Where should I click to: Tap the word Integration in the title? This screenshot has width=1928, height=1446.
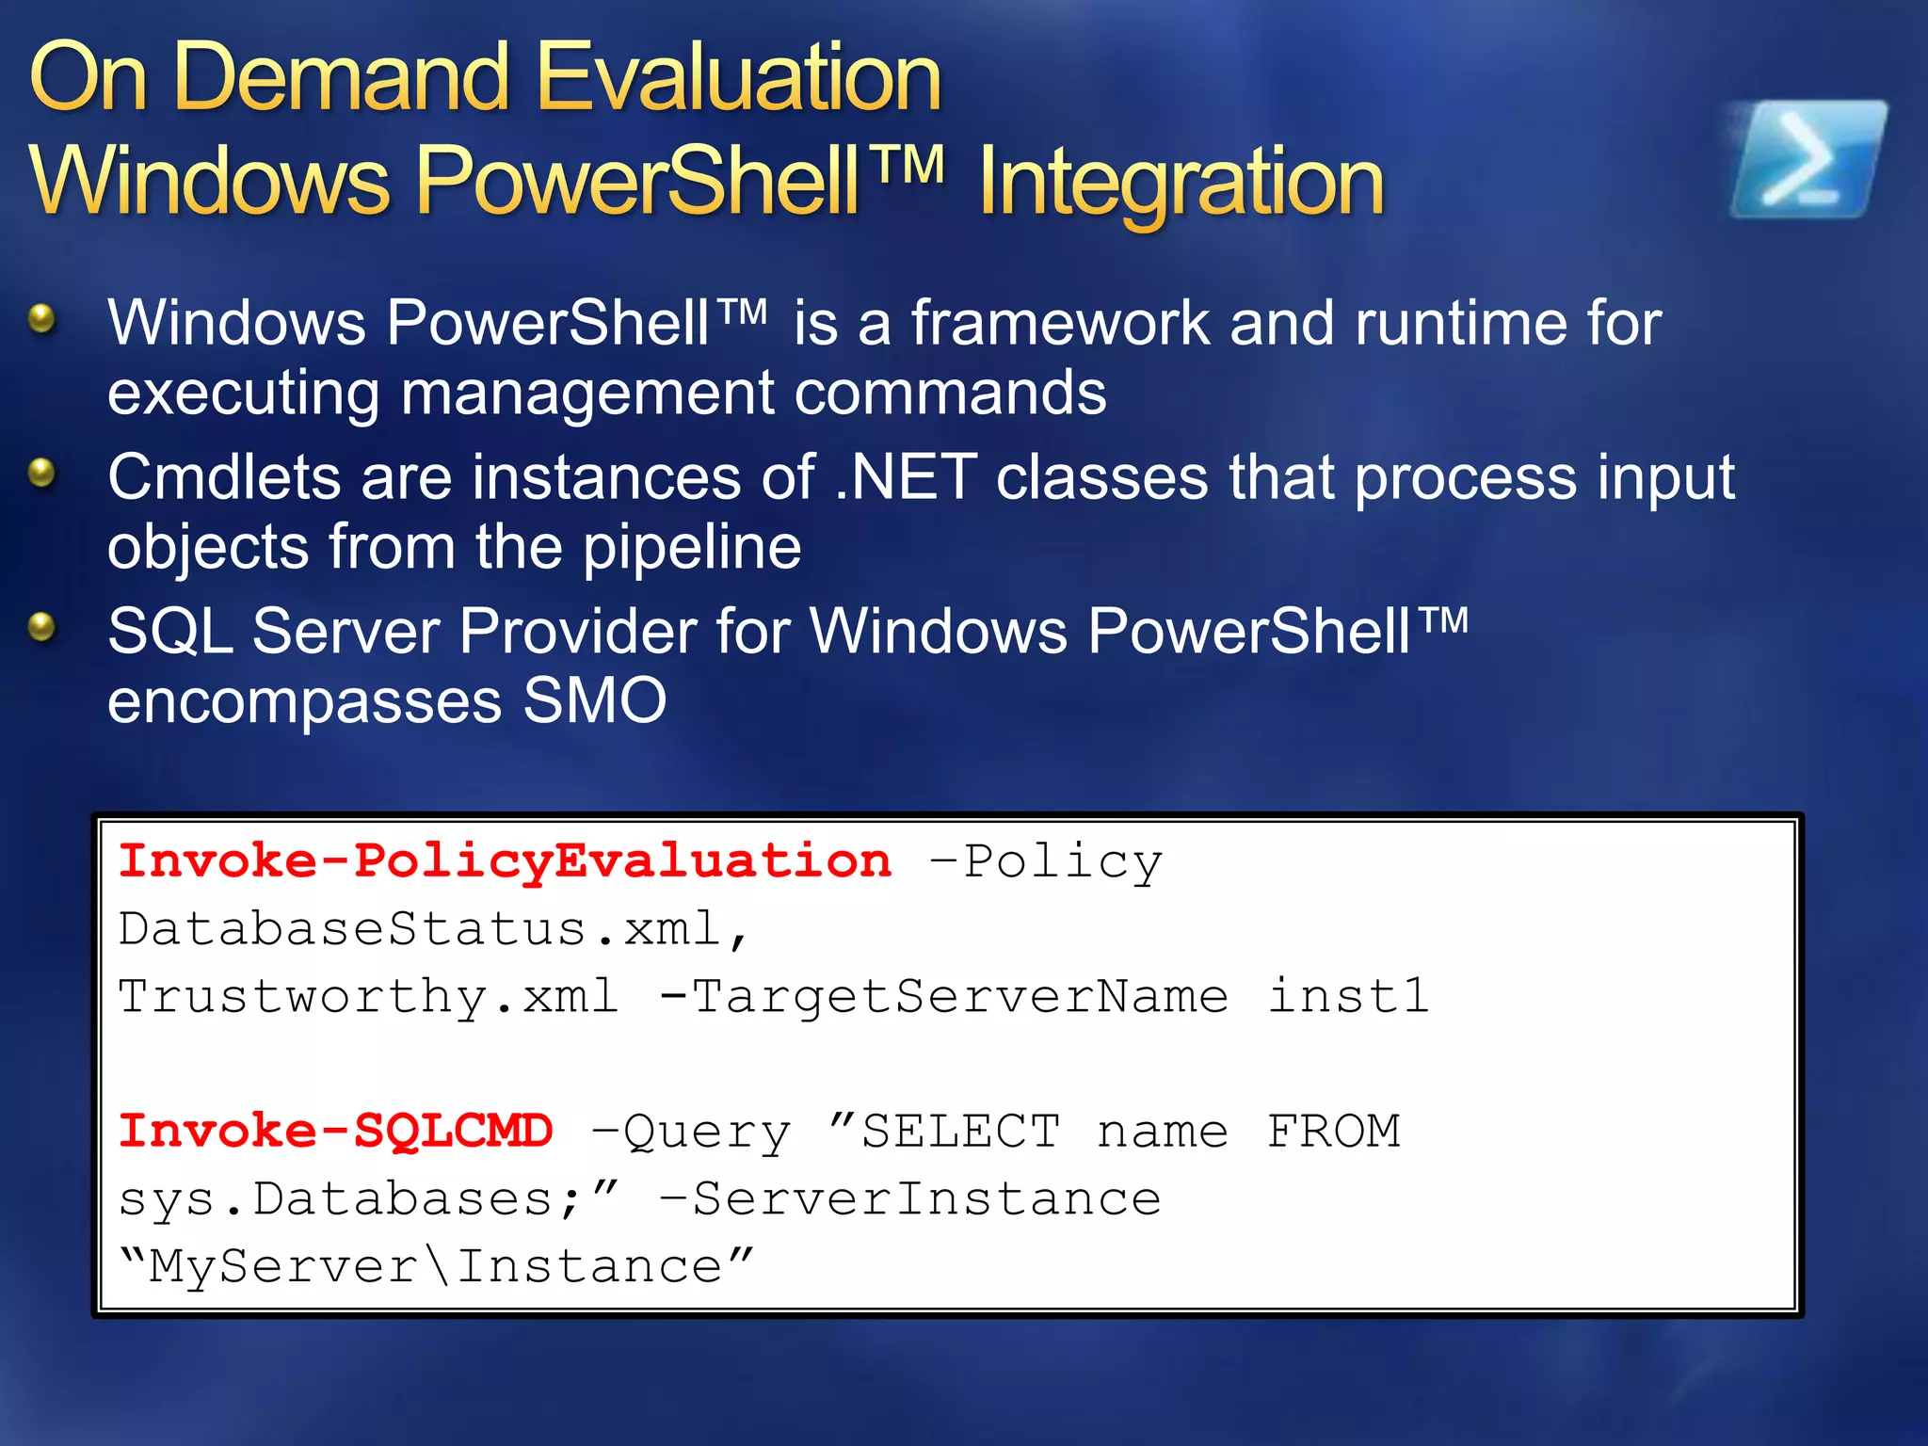tap(1181, 181)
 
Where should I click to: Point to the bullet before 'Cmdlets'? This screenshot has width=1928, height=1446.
tap(41, 473)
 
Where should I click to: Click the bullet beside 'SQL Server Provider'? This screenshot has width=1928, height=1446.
tap(41, 626)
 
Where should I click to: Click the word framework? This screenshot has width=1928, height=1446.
tap(1060, 323)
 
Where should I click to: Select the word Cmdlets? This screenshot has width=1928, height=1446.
tap(224, 476)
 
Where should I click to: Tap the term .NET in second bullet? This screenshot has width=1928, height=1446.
tap(906, 476)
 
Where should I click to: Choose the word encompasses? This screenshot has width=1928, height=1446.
tap(304, 702)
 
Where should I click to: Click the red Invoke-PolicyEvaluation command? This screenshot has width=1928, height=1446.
tap(505, 861)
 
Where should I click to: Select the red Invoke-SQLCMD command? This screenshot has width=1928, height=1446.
tap(336, 1131)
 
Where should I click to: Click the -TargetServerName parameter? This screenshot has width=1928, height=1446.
tap(944, 996)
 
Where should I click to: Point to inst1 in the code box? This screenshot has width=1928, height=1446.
tap(1348, 996)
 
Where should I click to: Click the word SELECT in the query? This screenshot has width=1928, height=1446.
tap(960, 1131)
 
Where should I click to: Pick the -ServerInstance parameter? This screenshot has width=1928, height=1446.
tap(910, 1198)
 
